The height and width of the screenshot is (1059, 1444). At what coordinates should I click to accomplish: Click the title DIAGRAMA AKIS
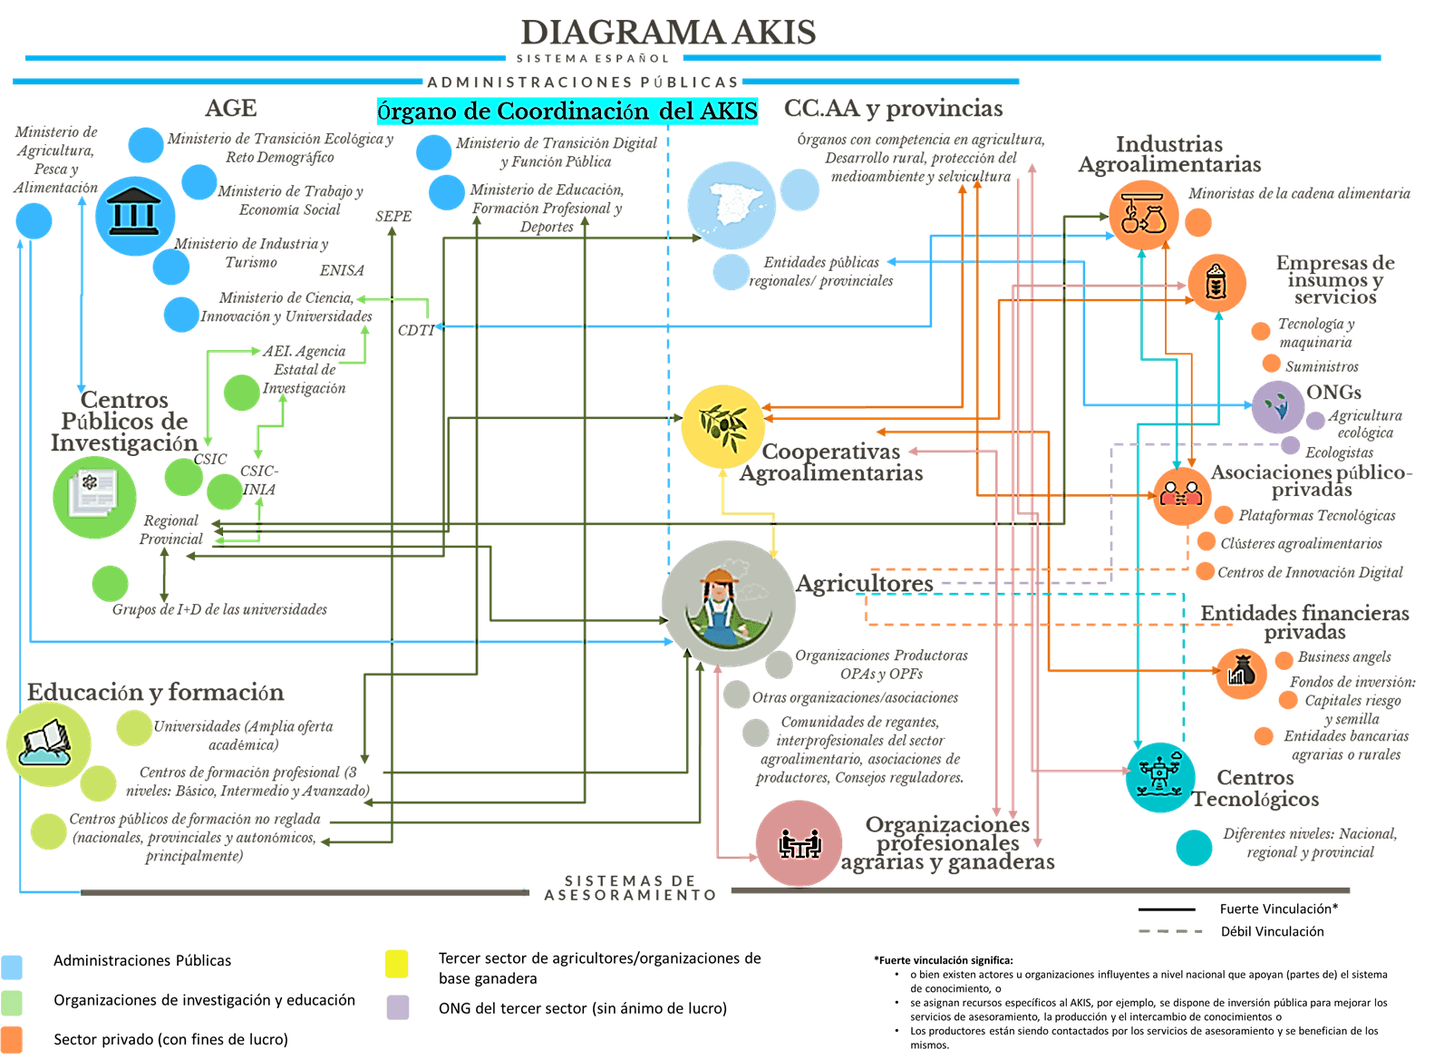[668, 33]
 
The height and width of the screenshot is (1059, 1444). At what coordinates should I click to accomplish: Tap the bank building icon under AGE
[135, 216]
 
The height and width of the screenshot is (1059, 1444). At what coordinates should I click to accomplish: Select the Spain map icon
[731, 205]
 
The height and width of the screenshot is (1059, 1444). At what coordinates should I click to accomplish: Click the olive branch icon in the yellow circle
[722, 425]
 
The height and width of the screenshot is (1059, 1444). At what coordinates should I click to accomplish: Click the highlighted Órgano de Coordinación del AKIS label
[567, 111]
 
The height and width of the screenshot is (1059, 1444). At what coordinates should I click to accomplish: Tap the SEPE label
[393, 217]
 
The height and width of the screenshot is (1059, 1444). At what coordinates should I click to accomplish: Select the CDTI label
[416, 330]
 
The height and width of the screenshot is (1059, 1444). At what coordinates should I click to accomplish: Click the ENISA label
[342, 270]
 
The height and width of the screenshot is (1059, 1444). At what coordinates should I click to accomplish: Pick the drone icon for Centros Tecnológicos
[1159, 777]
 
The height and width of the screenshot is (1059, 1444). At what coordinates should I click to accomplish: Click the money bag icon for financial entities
[1240, 673]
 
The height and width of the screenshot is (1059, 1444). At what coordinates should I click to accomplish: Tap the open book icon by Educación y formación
[48, 743]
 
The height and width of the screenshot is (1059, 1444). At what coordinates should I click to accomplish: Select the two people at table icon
[800, 843]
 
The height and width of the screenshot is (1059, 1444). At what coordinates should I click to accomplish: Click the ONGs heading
[1333, 393]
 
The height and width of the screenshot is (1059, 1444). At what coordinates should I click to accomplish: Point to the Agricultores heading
[865, 583]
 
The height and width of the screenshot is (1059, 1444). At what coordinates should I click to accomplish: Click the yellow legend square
[397, 964]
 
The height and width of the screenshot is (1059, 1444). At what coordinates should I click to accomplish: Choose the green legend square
[12, 1002]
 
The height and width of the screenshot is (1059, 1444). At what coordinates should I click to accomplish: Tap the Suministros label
[1322, 366]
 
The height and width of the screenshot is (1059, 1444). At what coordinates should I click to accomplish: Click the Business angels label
[1344, 656]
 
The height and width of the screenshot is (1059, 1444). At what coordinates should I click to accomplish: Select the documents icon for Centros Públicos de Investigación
[94, 497]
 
